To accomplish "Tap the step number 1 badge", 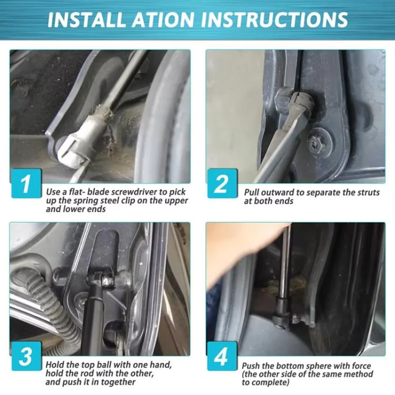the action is coord(26,183).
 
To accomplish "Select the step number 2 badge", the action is coord(222,183).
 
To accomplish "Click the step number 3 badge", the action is coord(26,355).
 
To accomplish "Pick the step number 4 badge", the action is coord(222,355).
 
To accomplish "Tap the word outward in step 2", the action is coord(278,192).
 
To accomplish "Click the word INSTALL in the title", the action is coord(87,19).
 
